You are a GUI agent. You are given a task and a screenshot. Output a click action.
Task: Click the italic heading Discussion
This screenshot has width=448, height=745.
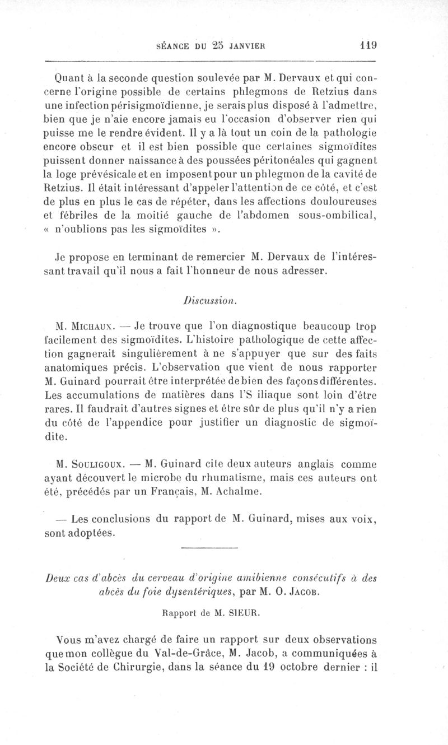216,300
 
